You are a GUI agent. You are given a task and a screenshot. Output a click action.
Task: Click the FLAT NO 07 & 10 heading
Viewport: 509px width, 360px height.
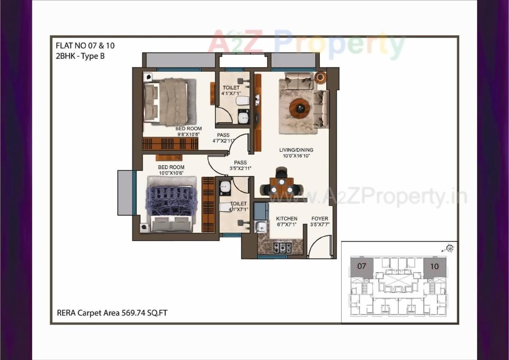point(85,45)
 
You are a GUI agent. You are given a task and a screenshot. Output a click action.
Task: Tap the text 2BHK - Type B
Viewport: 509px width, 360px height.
point(80,56)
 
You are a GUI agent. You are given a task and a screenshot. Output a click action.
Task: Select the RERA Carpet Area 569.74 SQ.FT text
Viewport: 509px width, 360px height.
point(112,313)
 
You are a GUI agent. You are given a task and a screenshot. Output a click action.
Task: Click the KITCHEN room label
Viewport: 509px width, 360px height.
point(286,219)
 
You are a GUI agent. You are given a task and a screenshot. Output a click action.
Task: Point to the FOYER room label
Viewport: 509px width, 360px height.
point(320,219)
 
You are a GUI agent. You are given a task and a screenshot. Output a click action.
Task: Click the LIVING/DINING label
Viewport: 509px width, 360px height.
point(296,150)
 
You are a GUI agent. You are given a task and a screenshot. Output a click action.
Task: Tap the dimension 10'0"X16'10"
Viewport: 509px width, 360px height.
point(296,156)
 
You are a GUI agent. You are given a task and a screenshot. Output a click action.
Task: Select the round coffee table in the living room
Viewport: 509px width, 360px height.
point(299,108)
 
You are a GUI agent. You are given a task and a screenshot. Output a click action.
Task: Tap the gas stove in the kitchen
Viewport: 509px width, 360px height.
point(282,247)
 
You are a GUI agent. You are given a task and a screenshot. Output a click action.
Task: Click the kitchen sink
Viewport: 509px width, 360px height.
point(261,227)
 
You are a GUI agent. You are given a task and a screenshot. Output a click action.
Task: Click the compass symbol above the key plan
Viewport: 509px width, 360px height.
point(450,248)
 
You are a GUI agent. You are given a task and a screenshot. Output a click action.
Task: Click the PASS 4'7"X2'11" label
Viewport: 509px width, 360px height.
point(223,138)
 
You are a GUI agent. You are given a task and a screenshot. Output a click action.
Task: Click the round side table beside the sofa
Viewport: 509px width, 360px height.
point(320,77)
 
